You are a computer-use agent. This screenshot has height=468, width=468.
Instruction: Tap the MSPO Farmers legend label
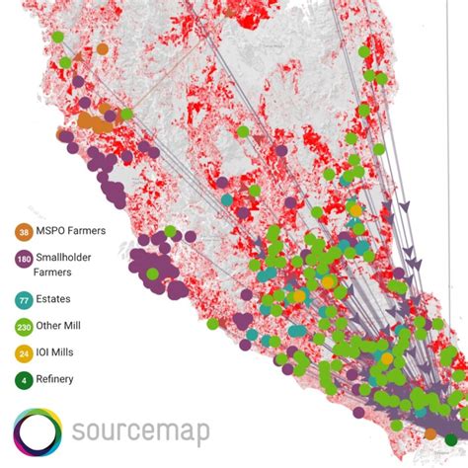coord(70,231)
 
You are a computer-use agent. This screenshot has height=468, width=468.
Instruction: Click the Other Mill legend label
coord(62,325)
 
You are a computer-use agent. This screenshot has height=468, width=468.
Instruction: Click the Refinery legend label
coord(58,378)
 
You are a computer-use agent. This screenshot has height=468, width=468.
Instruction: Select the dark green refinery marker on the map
coord(451,439)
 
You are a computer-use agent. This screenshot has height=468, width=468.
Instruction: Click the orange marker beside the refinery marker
coord(430,433)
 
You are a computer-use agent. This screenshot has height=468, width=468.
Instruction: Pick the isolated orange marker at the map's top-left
coord(103,48)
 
